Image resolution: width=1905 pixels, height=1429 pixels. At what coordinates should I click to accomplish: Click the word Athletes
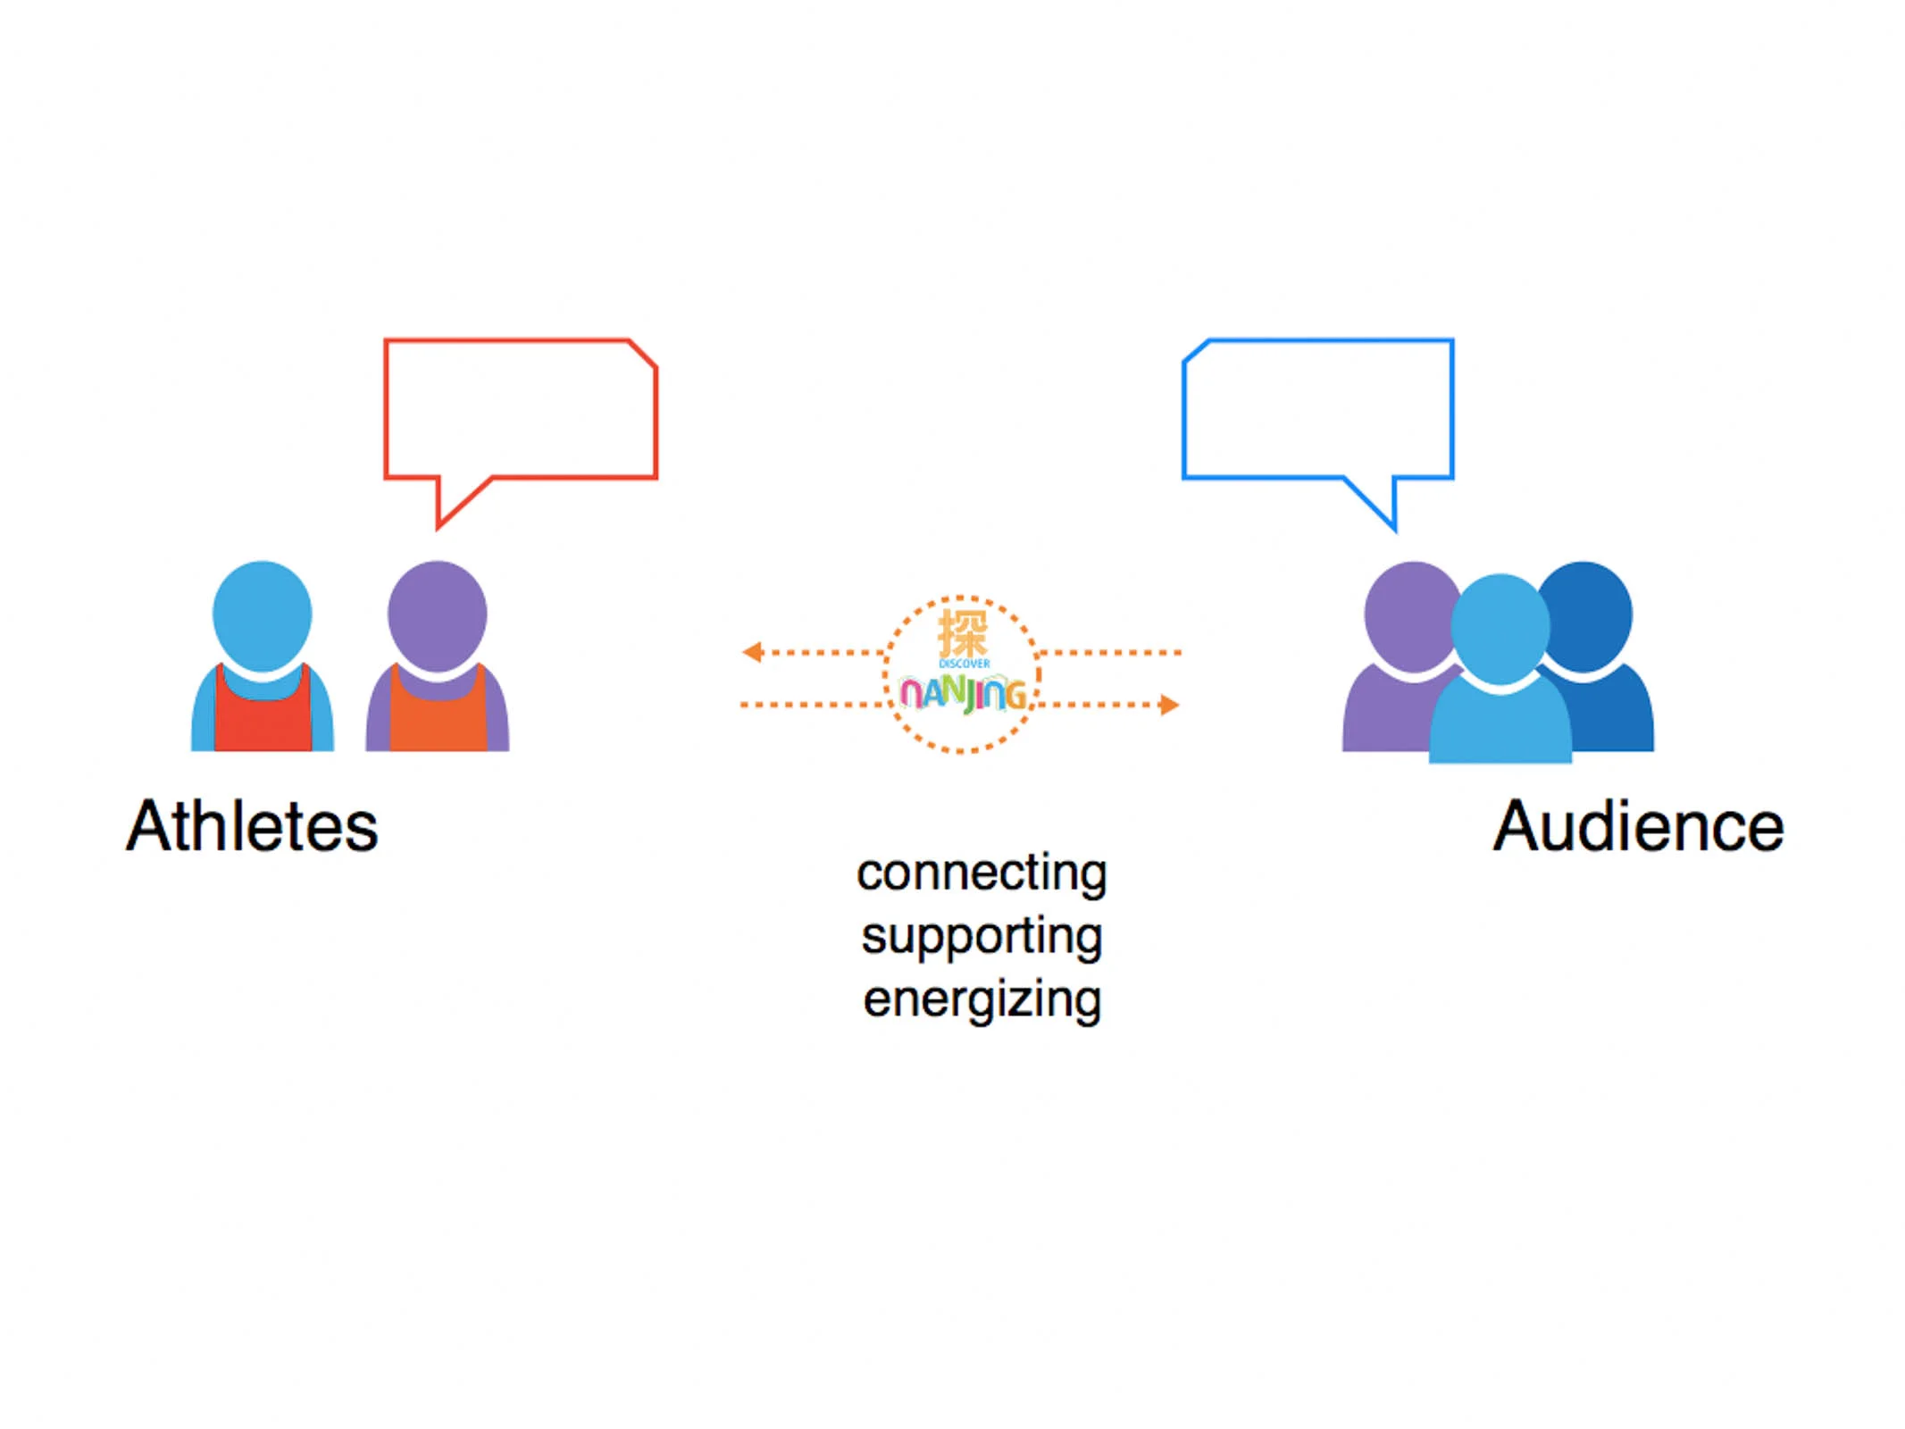(252, 825)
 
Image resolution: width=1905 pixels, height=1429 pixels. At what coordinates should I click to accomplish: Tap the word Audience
(1638, 825)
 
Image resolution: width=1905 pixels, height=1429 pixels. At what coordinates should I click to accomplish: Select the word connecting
(982, 873)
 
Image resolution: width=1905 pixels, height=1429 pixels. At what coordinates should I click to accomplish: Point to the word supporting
(982, 937)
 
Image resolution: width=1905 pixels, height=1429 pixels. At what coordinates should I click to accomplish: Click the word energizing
(982, 999)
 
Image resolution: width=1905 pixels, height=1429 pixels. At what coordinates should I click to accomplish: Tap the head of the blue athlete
(262, 614)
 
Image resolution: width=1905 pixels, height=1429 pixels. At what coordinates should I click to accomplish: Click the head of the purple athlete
(437, 614)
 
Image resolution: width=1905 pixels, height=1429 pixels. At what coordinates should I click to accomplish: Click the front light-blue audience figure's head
(1500, 629)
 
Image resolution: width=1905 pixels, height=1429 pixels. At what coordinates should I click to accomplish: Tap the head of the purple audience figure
(1407, 614)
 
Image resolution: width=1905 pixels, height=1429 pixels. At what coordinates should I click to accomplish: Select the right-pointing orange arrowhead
(1169, 705)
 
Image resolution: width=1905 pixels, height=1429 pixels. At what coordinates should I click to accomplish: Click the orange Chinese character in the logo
(963, 633)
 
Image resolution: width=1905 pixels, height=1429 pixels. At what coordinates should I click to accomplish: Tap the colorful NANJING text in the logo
(963, 694)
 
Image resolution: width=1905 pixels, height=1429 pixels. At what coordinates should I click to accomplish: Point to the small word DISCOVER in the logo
(964, 664)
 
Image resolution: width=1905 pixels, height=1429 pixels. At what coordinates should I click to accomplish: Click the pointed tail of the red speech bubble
(438, 528)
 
